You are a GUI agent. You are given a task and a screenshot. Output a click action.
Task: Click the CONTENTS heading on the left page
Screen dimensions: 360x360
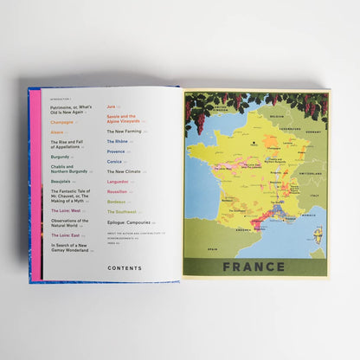125,267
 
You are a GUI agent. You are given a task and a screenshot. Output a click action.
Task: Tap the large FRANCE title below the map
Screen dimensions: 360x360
254,266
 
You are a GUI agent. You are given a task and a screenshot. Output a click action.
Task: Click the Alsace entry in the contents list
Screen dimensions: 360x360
57,132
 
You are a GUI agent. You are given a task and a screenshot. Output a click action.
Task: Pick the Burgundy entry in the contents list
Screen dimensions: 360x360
61,157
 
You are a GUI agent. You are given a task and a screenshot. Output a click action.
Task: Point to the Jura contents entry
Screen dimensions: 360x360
112,106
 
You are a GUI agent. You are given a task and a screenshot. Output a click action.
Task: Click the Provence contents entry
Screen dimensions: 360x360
117,150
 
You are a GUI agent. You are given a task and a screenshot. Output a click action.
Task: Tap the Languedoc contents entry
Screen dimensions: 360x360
119,181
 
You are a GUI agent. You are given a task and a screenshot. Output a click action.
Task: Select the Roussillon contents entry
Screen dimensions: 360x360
119,191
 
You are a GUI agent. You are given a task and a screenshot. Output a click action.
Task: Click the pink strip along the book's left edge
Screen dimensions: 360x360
35,173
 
